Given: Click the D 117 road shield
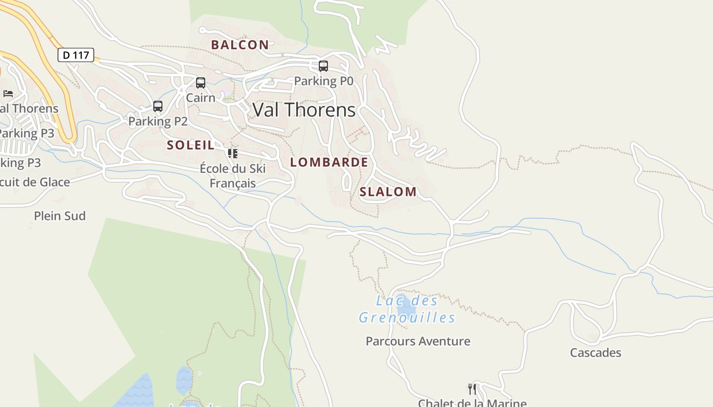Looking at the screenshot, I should coord(76,55).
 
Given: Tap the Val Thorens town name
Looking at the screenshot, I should coord(304,110).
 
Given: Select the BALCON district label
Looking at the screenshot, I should coord(240,45).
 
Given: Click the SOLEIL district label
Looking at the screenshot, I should coord(190,145).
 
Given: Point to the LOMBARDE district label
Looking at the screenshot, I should coord(329,162).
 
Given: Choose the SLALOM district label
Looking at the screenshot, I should coord(388,192).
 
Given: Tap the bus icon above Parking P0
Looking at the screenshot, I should coord(323,66).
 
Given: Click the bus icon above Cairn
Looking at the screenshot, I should coord(201,83).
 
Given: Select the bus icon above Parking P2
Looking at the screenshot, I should coord(158,106).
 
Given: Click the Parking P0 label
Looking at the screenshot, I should coord(323,81).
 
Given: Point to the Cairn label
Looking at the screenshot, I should coord(201,97).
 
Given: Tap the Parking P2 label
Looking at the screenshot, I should coord(158,121).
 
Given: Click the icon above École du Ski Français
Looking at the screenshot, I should coord(233,153).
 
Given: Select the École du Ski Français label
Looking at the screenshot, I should coord(233,176).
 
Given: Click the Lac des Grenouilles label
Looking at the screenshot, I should coord(407,309).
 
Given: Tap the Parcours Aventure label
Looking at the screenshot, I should coord(418,341).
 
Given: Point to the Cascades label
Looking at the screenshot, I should coord(595,353).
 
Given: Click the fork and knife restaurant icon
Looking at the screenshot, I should coord(472,389).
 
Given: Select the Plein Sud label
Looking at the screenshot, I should coord(60,216).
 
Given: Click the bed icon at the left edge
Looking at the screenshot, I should coord(8,93).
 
